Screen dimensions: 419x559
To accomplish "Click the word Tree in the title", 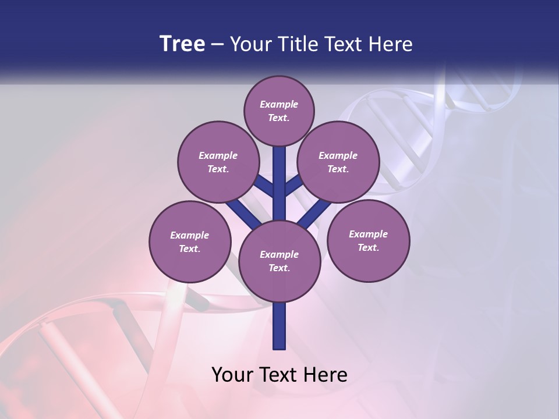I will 182,44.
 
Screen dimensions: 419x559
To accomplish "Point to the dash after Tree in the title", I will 218,45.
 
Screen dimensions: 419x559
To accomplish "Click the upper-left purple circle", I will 218,162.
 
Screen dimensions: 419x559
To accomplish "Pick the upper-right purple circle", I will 338,162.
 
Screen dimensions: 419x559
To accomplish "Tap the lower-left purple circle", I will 190,242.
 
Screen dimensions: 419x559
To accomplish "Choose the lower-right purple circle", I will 368,241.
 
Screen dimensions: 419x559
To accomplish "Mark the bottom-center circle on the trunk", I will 279,261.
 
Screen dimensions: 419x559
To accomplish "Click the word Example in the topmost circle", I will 279,104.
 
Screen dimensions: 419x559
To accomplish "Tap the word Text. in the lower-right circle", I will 368,247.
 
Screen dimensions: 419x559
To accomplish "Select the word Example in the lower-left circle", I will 190,235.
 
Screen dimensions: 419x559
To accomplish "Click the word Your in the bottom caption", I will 232,375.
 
